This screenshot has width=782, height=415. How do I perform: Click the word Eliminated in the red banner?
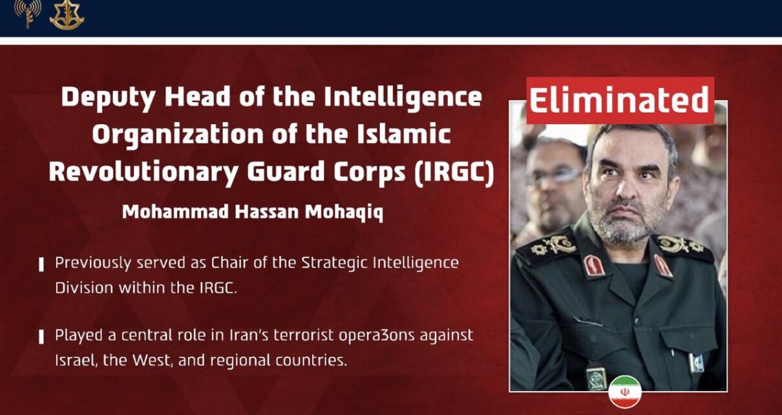point(619,100)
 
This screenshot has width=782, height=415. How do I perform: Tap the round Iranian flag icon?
point(625,392)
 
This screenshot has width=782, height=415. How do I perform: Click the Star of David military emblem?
point(67,15)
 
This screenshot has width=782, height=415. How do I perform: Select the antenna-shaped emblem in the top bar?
point(28,13)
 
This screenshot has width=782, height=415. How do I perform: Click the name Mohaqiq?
point(344,212)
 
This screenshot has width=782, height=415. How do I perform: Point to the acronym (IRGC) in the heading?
point(454,172)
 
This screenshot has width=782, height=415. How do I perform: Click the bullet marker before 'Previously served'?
point(41,264)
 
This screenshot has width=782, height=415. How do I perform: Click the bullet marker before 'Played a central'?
point(41,337)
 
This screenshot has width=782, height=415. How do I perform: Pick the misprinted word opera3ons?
point(377,336)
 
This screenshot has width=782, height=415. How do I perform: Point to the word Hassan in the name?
point(266,211)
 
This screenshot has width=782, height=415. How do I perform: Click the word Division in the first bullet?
point(84,288)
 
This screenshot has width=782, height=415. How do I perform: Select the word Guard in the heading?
point(286,172)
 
